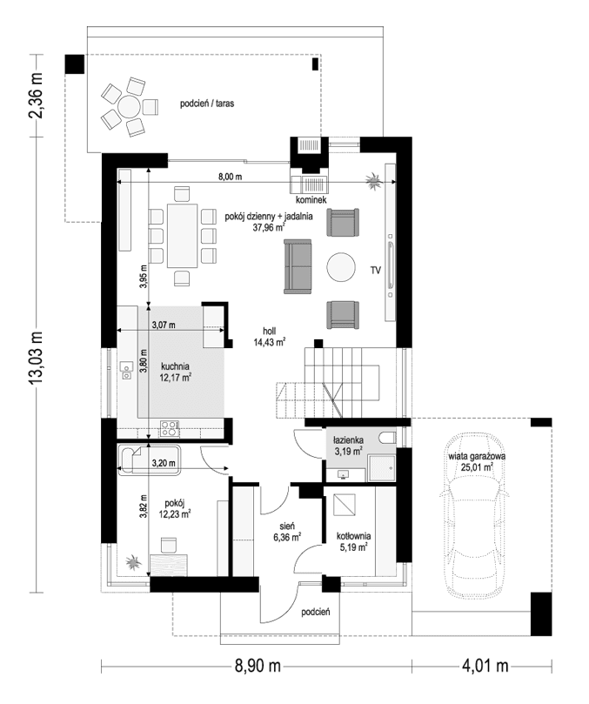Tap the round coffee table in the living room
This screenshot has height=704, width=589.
pos(340,267)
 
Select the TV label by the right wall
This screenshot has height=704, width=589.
pos(376,271)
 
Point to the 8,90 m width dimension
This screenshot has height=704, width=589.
pos(257,667)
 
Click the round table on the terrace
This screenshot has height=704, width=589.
pos(128,107)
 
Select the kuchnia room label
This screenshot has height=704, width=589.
pos(175,366)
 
